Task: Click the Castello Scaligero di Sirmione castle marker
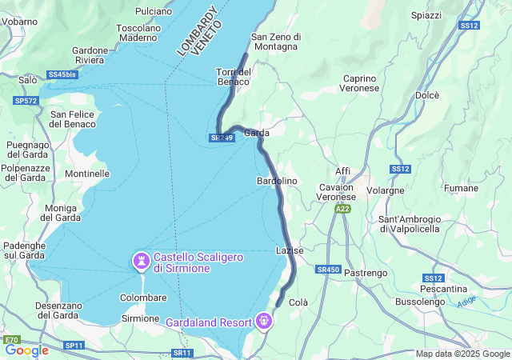[x=142, y=262]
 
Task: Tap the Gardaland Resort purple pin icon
[x=264, y=322]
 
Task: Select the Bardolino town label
[x=277, y=182]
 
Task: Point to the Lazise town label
[x=290, y=250]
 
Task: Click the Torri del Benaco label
[x=234, y=77]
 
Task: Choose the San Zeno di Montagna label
[x=275, y=42]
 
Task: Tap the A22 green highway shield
[x=342, y=209]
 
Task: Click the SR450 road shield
[x=328, y=270]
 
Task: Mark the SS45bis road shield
[x=62, y=74]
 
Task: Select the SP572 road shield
[x=26, y=101]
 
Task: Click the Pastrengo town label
[x=365, y=274]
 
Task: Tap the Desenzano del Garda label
[x=57, y=310]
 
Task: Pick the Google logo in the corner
[x=27, y=350]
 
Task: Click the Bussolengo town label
[x=421, y=302]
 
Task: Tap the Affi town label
[x=342, y=171]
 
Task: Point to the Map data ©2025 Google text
[x=462, y=354]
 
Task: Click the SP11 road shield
[x=74, y=345]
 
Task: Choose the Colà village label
[x=298, y=302]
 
